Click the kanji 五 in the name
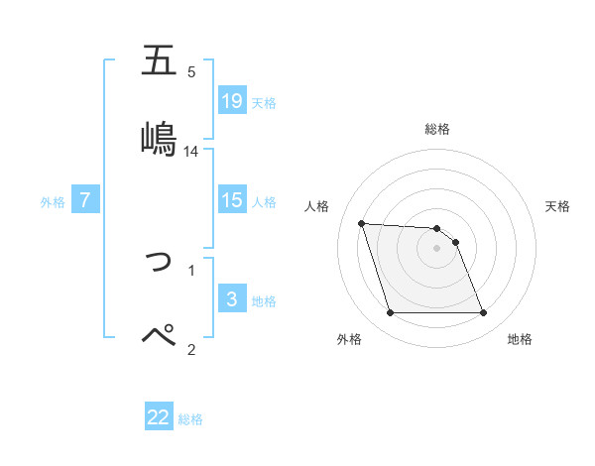pyautogui.click(x=159, y=61)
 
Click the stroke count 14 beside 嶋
pyautogui.click(x=191, y=152)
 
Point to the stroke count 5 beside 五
pyautogui.click(x=191, y=71)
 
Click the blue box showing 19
pyautogui.click(x=232, y=101)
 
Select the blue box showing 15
pyautogui.click(x=232, y=200)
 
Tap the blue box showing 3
pyautogui.click(x=232, y=299)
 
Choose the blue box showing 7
pyautogui.click(x=85, y=200)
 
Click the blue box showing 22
pyautogui.click(x=159, y=417)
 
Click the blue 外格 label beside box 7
pyautogui.click(x=53, y=202)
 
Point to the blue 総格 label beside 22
pyautogui.click(x=190, y=419)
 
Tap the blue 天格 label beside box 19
pyautogui.click(x=264, y=103)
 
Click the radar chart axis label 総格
pyautogui.click(x=437, y=129)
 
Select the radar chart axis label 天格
pyautogui.click(x=557, y=206)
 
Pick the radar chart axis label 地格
pyautogui.click(x=520, y=339)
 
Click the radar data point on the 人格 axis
pyautogui.click(x=361, y=223)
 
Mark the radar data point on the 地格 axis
pyautogui.click(x=483, y=313)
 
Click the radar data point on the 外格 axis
pyautogui.click(x=390, y=313)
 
